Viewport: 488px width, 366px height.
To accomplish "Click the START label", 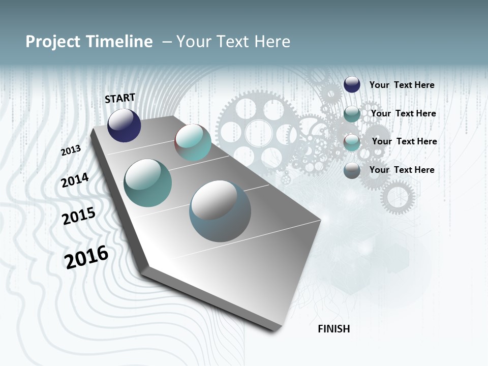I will coord(120,98).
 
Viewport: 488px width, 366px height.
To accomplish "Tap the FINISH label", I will coord(333,329).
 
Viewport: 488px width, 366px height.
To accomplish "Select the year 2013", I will coord(71,150).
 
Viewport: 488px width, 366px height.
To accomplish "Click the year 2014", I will coord(75,180).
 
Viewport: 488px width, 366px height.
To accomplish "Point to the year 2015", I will coord(79,216).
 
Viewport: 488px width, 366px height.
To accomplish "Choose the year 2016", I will coord(86,257).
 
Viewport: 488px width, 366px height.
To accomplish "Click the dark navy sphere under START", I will coord(124,126).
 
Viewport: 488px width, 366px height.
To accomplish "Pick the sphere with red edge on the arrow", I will coord(193,142).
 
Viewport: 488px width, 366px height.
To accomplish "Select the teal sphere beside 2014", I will coord(147,183).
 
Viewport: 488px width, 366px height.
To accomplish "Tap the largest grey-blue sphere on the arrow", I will coord(220,210).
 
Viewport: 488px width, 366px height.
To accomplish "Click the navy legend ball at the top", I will coord(352,85).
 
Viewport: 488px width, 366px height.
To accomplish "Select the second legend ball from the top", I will coord(352,114).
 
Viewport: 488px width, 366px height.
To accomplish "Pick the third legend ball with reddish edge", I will coord(352,142).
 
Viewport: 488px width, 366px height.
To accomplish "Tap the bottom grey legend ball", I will coord(352,170).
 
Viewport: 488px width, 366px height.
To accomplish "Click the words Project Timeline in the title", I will coord(89,42).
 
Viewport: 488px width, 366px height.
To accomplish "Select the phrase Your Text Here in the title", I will coord(233,42).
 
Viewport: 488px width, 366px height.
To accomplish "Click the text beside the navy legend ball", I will coord(402,85).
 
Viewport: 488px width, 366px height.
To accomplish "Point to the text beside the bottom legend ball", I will coord(402,170).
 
